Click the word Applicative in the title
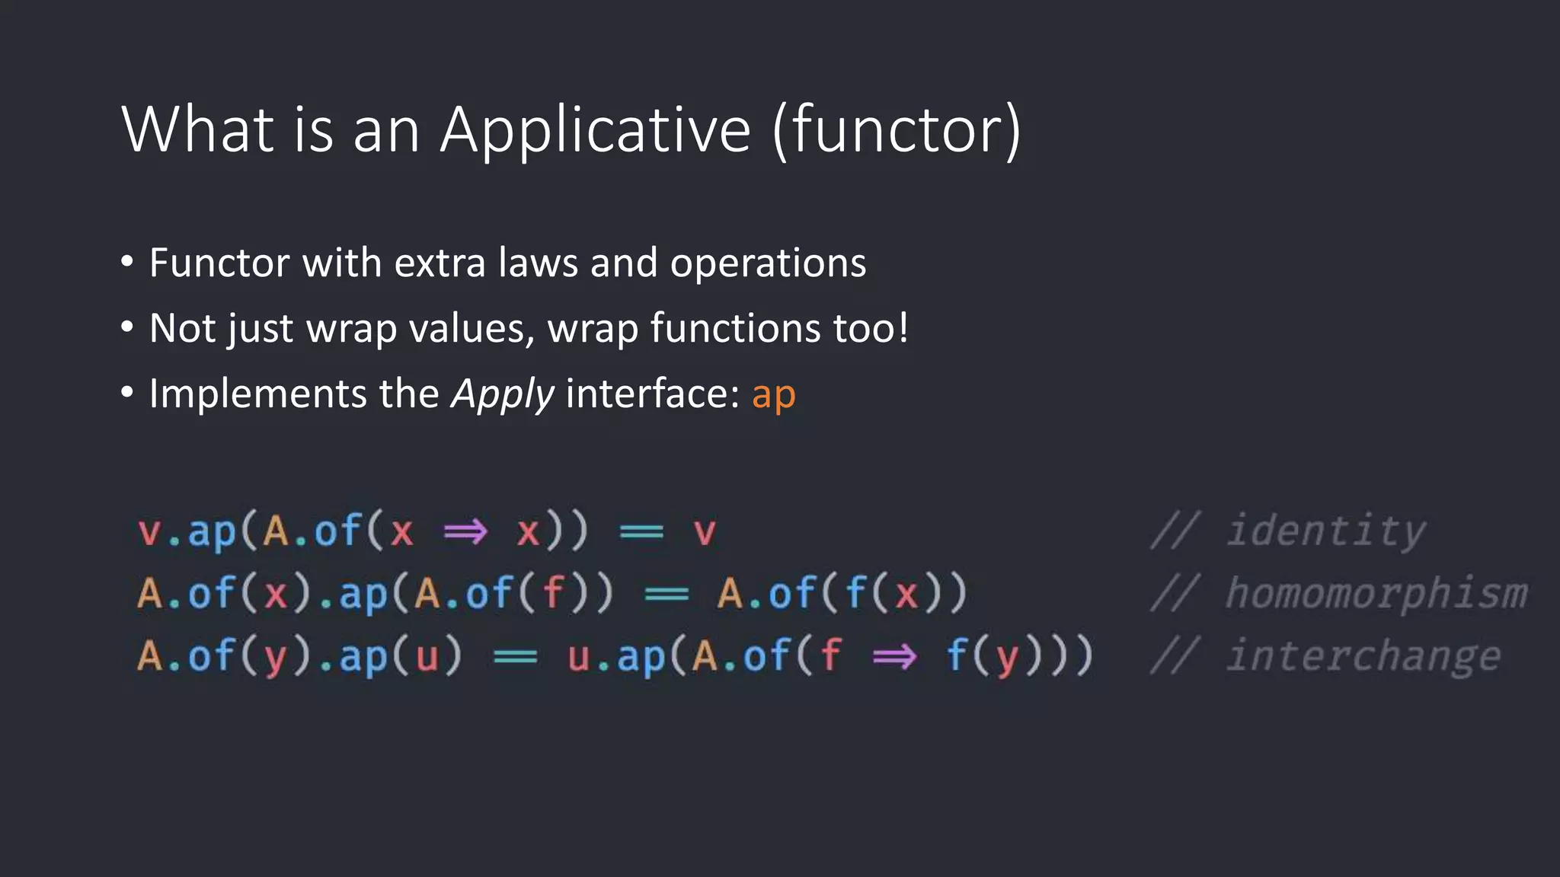click(595, 129)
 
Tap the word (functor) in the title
click(896, 129)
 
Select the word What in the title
click(197, 129)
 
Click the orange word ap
click(773, 395)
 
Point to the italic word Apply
click(503, 395)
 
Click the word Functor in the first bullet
click(219, 263)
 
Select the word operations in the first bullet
click(768, 264)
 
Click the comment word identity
click(1325, 531)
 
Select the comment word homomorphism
click(1376, 593)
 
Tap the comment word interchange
click(1363, 656)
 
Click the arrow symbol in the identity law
click(465, 531)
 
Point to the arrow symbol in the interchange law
click(894, 656)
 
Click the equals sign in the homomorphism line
click(667, 594)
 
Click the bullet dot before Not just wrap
click(127, 328)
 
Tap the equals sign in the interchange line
click(516, 656)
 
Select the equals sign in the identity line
click(641, 531)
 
